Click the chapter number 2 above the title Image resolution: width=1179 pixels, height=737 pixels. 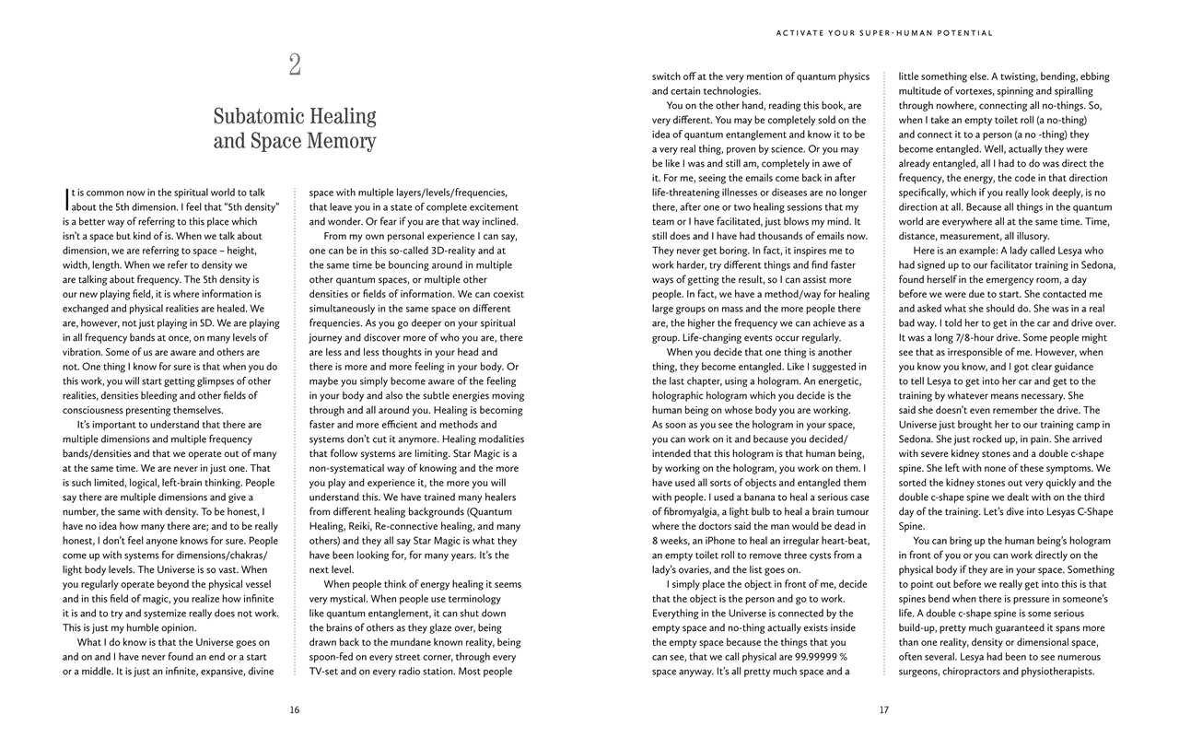pyautogui.click(x=295, y=64)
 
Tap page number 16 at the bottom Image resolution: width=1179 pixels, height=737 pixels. pyautogui.click(x=295, y=709)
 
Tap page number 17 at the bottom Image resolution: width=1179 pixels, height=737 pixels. pyautogui.click(x=884, y=709)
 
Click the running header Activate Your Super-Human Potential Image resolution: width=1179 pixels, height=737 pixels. pyautogui.click(x=884, y=33)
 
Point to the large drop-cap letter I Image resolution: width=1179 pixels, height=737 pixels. pyautogui.click(x=66, y=199)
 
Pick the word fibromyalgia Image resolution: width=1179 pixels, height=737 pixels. pyautogui.click(x=691, y=512)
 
